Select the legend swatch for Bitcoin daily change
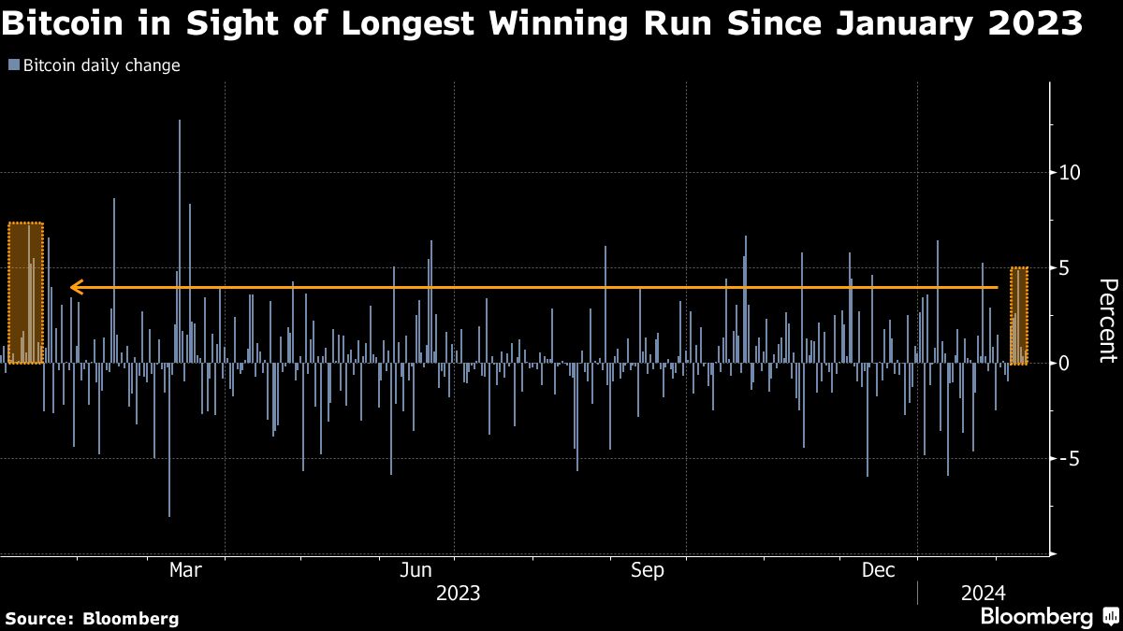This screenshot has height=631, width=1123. coord(13,65)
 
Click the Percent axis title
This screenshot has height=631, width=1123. coord(1107,321)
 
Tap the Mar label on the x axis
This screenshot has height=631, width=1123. coord(186,570)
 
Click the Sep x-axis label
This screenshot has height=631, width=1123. coord(648,570)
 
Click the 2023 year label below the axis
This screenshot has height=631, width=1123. coord(458,594)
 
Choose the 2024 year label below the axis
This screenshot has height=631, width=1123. coord(982,594)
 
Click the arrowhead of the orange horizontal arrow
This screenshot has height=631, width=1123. coord(77,287)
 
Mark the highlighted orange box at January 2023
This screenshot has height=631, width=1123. coord(25,293)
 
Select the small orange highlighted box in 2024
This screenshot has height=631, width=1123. coord(1019,315)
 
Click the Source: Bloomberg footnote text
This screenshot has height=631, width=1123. coord(92,618)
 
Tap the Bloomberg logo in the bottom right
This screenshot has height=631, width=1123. coord(1047,617)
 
